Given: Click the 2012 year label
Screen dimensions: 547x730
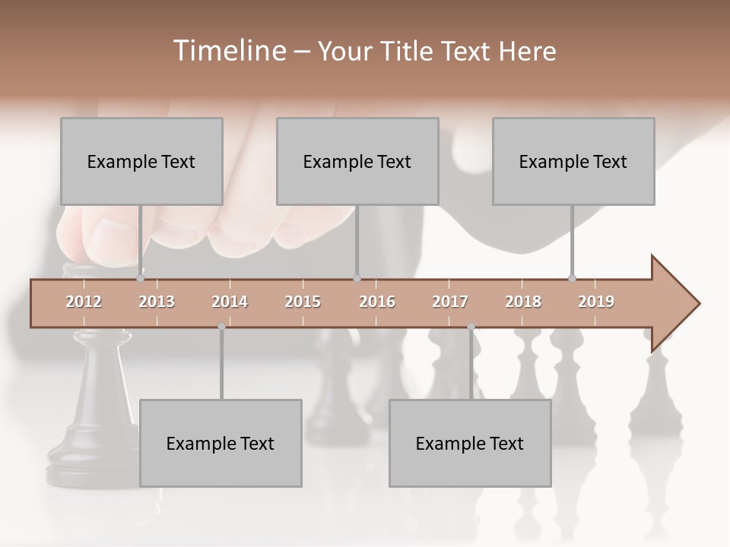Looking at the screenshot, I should (x=84, y=302).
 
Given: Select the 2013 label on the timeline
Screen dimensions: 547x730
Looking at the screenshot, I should (x=157, y=302).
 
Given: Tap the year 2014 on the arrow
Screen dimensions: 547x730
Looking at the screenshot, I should (x=230, y=302).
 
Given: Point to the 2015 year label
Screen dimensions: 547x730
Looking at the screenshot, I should (x=303, y=302).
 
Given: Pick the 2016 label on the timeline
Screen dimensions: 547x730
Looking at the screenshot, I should (x=377, y=302).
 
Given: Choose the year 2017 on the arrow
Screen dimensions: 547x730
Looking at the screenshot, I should (x=450, y=302).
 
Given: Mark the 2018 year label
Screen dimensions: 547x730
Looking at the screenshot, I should (x=523, y=302).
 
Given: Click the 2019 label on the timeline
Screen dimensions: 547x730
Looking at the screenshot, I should (x=596, y=302).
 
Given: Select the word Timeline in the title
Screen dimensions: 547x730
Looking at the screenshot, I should (x=228, y=51).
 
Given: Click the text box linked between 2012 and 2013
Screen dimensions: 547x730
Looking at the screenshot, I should (x=141, y=161).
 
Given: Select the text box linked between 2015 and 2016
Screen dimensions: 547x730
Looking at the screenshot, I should (x=357, y=161).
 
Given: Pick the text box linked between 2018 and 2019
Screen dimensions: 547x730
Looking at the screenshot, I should (x=573, y=161).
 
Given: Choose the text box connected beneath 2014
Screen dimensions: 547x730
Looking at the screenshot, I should (x=221, y=443).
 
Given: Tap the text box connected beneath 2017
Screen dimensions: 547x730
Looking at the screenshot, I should (x=470, y=443).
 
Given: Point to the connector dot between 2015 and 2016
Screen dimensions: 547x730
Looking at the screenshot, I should (x=357, y=278).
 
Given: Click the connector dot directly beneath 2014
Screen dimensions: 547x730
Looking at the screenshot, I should (x=221, y=327).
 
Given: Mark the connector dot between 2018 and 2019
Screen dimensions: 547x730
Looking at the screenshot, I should (x=573, y=278).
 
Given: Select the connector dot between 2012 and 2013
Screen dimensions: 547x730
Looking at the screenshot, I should (x=141, y=278).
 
